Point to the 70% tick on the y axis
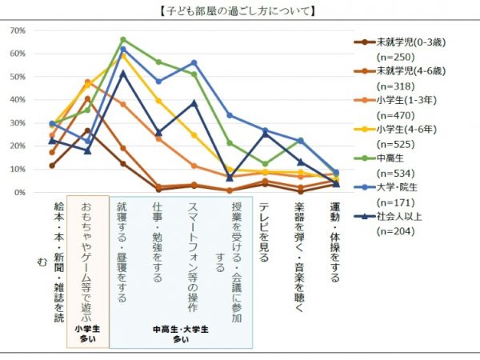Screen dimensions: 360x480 18,30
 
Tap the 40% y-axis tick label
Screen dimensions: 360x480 18,100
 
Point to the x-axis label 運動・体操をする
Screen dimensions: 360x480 335,241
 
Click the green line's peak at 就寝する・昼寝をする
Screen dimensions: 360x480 123,39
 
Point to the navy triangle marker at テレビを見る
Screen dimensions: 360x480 265,134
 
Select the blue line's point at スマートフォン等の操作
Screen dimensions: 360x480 194,62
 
